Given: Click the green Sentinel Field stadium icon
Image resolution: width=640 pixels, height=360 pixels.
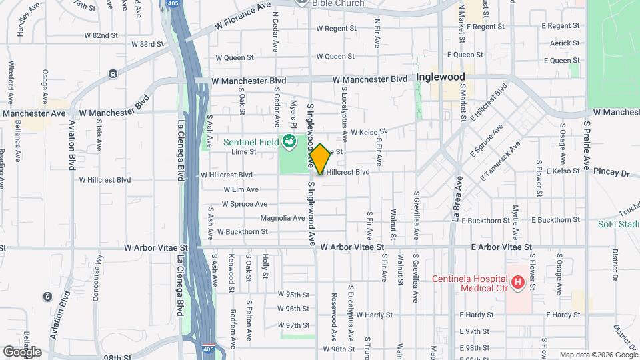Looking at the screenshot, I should [289, 141].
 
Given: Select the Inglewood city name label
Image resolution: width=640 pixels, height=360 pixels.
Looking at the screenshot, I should [440, 77].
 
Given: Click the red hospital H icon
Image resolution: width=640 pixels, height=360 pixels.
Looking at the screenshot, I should [517, 284].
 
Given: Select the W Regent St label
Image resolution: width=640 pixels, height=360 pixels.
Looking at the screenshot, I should [337, 29].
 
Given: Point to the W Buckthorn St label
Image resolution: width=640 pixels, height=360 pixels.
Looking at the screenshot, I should [242, 232].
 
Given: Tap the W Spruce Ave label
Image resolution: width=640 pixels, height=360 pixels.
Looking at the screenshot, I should [245, 204].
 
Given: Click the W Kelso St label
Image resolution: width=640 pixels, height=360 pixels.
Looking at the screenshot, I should [369, 132].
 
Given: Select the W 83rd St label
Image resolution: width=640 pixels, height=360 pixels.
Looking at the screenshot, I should [147, 44].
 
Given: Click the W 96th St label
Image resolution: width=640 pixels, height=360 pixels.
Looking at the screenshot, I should [294, 309].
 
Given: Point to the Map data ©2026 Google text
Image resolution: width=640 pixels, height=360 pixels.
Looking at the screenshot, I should [597, 355].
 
